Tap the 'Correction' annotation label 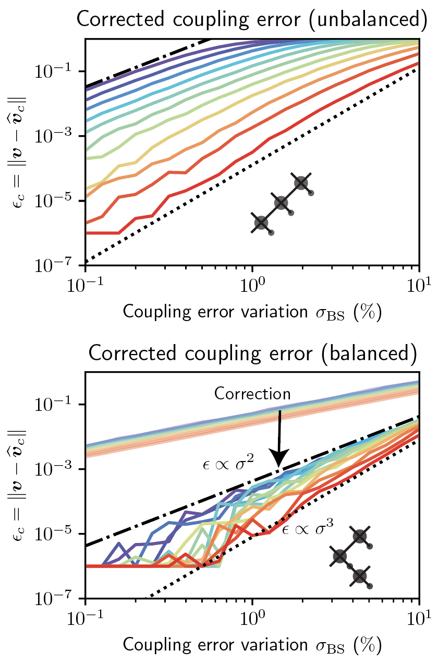(x=252, y=393)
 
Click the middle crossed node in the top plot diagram (x=281, y=203)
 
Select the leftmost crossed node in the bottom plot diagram (x=340, y=555)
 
